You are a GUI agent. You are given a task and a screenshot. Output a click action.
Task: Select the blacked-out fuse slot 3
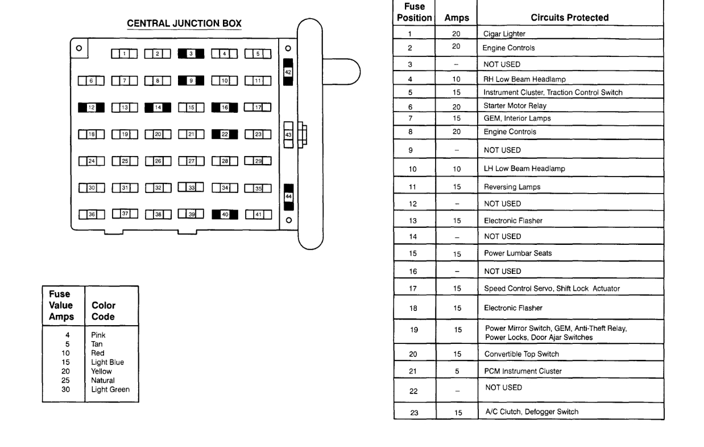191,54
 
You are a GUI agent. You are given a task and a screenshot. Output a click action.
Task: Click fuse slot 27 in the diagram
191,161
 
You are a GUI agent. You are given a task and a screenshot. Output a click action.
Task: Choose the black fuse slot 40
225,215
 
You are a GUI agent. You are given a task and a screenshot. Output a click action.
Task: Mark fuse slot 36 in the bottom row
91,215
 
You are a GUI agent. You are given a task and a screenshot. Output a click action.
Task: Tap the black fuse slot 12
91,107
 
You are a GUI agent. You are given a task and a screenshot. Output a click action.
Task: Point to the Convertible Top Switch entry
521,354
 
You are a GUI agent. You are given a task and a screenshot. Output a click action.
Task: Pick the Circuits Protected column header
569,18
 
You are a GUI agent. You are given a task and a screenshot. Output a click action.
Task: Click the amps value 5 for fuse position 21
457,371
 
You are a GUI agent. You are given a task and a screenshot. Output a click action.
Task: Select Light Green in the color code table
110,389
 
